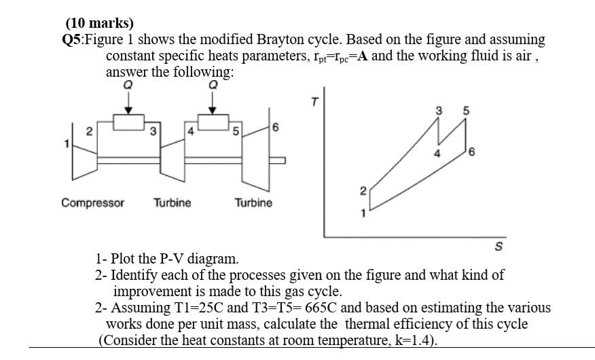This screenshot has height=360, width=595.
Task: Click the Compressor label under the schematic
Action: (x=92, y=202)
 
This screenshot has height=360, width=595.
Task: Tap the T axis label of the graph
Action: (x=314, y=102)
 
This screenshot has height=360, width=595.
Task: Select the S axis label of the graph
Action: (x=498, y=247)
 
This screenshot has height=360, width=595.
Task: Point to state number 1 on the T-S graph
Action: (x=363, y=213)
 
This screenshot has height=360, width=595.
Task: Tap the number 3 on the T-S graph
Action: (x=439, y=111)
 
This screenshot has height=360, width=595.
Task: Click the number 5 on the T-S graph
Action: (x=465, y=111)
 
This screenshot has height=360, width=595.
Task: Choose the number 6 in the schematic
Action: (x=274, y=128)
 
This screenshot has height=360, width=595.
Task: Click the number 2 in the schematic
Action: (x=89, y=132)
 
